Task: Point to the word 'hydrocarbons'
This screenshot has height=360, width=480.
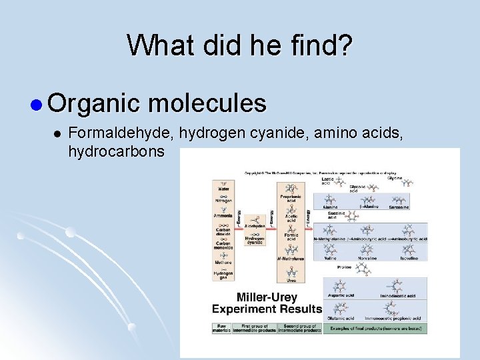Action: click(116, 151)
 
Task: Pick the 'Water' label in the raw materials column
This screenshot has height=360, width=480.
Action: click(223, 189)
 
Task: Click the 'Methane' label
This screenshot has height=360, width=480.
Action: click(223, 262)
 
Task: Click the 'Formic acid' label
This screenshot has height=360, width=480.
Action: click(291, 237)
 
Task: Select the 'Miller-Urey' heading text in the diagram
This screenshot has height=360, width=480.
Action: click(255, 297)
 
